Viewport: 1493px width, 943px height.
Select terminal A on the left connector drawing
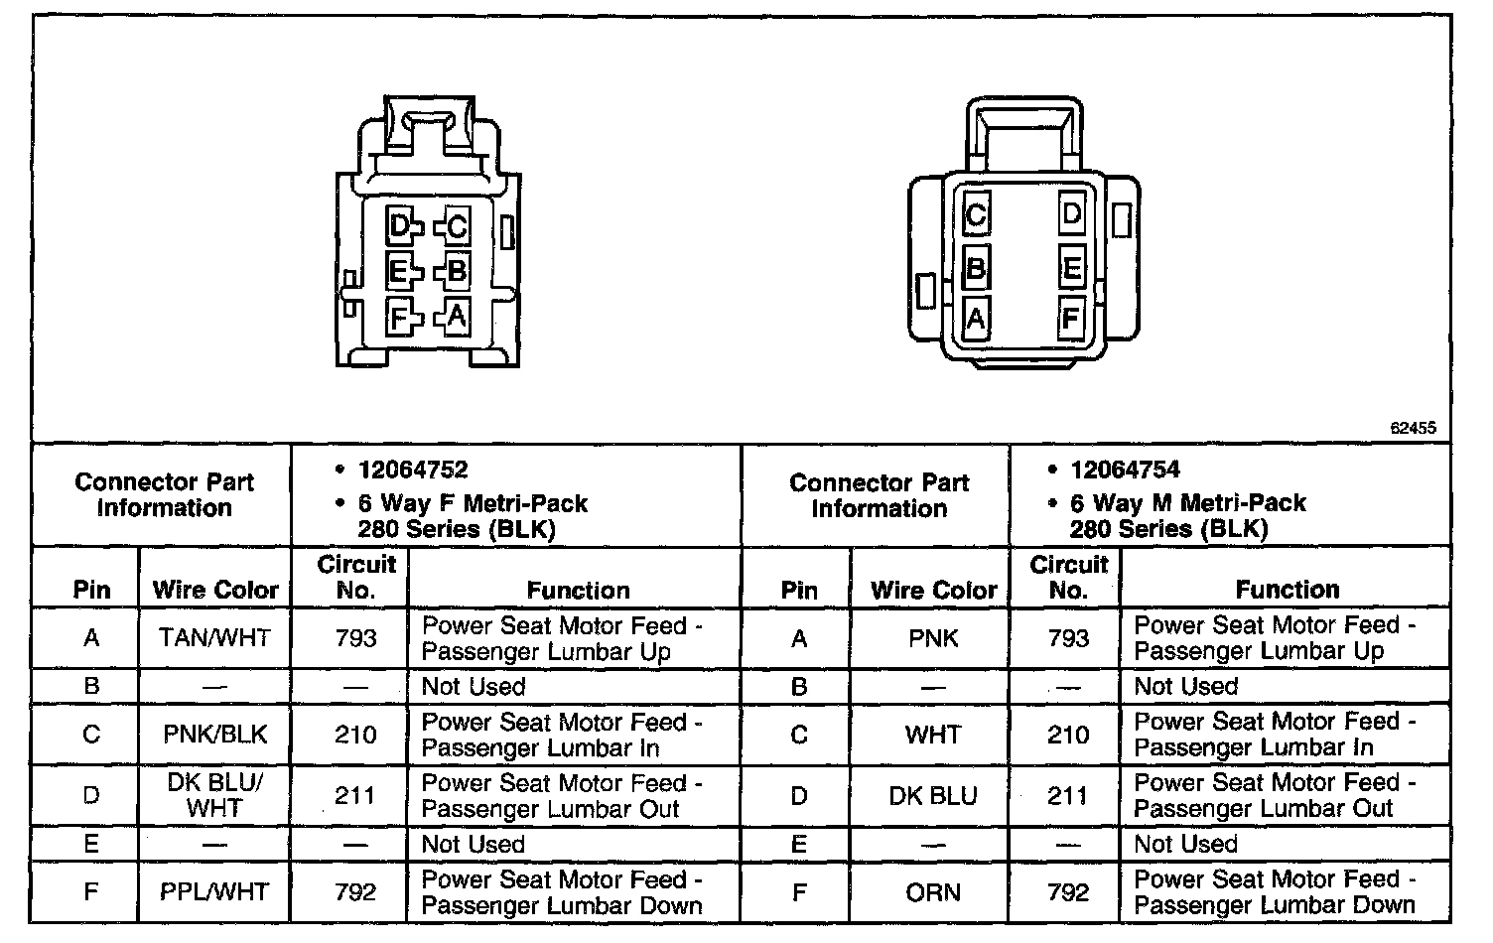click(456, 316)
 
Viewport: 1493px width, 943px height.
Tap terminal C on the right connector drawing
click(976, 215)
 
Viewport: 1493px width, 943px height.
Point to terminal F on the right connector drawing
click(1070, 319)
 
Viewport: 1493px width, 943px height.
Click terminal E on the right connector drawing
click(1071, 268)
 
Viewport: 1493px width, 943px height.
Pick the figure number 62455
click(1413, 429)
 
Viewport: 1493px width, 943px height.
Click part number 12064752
click(413, 470)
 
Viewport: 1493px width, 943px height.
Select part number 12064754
click(1125, 470)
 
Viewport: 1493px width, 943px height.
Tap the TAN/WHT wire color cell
click(214, 637)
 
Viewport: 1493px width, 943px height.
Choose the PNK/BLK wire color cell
click(214, 735)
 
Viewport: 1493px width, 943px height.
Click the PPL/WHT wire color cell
click(214, 891)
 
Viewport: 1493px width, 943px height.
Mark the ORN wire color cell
click(933, 891)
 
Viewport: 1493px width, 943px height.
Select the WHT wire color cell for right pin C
click(933, 735)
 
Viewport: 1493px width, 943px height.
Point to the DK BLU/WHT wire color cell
click(214, 794)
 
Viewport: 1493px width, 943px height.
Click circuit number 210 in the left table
click(355, 735)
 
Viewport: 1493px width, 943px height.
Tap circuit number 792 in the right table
click(1068, 891)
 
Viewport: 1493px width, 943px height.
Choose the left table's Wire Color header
click(215, 590)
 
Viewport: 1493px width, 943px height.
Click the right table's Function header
click(1287, 590)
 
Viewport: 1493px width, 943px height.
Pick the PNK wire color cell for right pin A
click(933, 637)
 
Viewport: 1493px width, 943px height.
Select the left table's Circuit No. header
click(356, 577)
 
